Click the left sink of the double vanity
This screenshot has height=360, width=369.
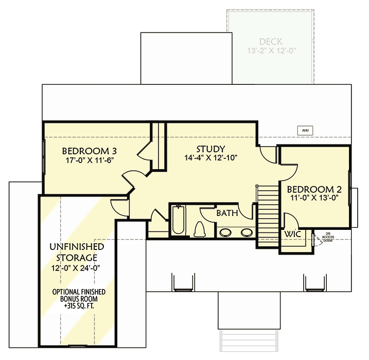coord(225,232)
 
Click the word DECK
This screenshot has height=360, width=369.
coord(270,42)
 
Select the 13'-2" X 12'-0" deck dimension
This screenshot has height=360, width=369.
coord(270,50)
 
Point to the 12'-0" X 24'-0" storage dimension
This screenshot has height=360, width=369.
coord(76,267)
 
